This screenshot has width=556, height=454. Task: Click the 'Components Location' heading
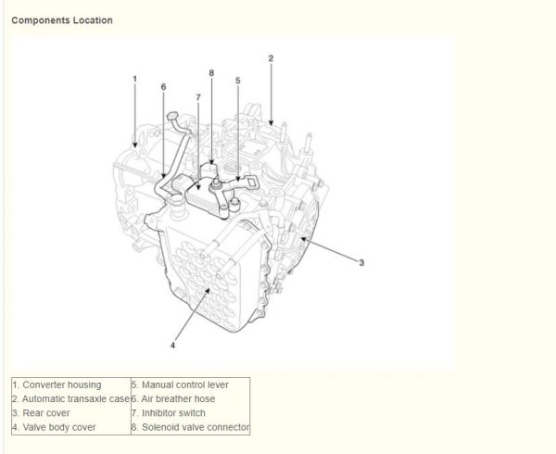62,20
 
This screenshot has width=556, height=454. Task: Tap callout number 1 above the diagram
134,79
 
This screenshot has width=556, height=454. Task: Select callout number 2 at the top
271,58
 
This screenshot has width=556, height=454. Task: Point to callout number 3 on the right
361,262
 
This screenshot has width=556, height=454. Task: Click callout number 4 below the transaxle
172,346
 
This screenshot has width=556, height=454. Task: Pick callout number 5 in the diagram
238,81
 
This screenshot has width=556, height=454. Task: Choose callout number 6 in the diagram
163,87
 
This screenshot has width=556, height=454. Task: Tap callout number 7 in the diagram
198,97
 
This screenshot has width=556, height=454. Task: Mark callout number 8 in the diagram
211,73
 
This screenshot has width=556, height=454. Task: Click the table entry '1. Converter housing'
57,385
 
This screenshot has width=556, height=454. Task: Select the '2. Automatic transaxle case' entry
71,399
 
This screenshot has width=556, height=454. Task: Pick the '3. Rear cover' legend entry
41,413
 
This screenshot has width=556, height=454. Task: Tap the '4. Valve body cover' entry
55,427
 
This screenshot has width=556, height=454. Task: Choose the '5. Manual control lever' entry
180,385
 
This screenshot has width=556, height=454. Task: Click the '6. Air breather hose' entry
173,399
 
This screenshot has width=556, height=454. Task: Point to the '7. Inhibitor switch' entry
169,413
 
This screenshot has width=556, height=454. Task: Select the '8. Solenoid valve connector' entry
190,427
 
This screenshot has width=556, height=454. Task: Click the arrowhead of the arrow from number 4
208,291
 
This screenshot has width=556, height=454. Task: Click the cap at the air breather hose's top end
172,116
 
